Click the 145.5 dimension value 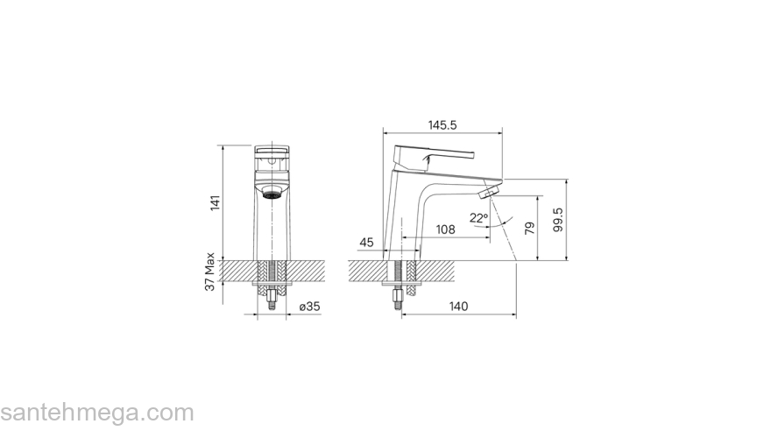click(x=442, y=125)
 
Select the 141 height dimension click(x=216, y=203)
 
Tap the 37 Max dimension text click(x=210, y=272)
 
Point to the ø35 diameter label click(x=310, y=307)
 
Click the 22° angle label click(x=478, y=217)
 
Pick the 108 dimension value click(x=445, y=230)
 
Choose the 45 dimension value click(x=367, y=243)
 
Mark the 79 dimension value click(x=529, y=228)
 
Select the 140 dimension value click(x=458, y=307)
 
